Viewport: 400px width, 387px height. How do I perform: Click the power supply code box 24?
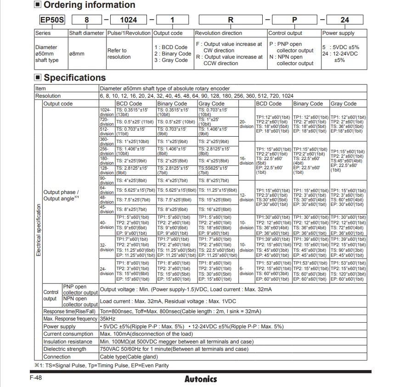[344, 20]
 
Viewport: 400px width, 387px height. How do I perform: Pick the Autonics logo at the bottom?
[200, 379]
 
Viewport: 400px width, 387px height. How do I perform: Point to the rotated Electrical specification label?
[39, 229]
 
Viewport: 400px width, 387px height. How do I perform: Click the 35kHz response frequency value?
[107, 319]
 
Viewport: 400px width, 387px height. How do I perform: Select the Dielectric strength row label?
[65, 349]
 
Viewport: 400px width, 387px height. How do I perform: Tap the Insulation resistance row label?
[68, 342]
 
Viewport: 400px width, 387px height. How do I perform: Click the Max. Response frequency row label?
[70, 319]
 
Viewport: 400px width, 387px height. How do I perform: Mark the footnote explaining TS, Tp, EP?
[101, 365]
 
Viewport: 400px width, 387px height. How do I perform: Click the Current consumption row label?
[68, 334]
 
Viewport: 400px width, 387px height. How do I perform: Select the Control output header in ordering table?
[286, 33]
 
